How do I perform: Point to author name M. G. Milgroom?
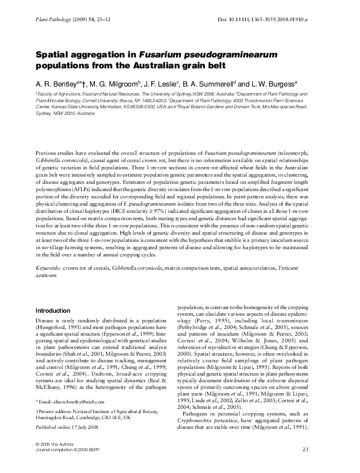(x=117, y=84)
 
